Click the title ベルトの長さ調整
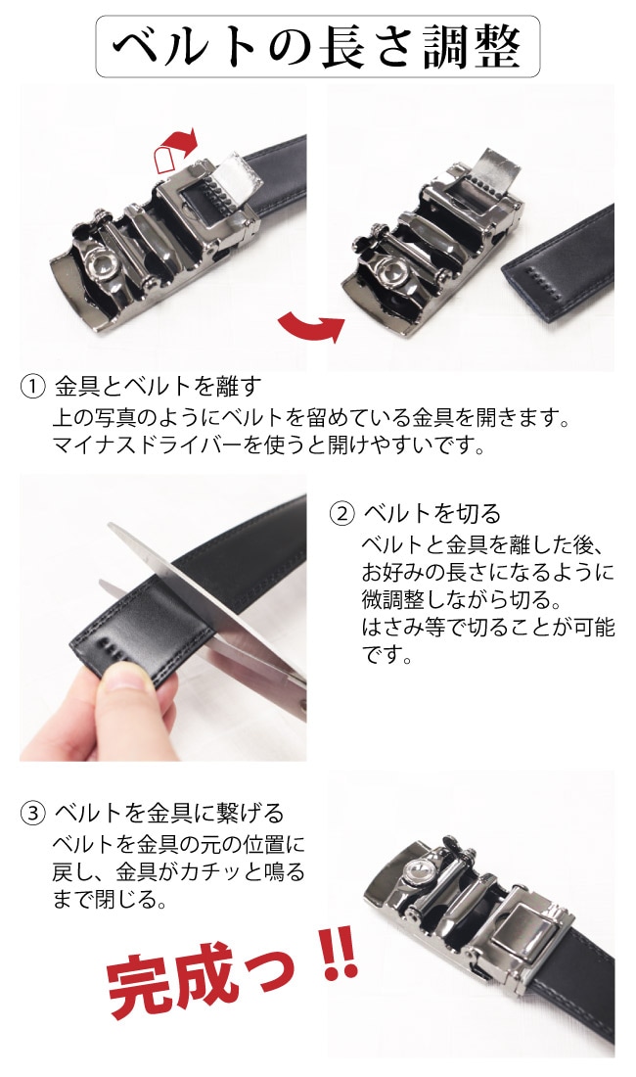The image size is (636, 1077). tap(318, 46)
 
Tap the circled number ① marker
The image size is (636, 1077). tap(32, 386)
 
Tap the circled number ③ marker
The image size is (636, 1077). tap(32, 813)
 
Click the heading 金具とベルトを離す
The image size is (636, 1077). tap(158, 386)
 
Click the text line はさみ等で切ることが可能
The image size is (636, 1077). tap(487, 627)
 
